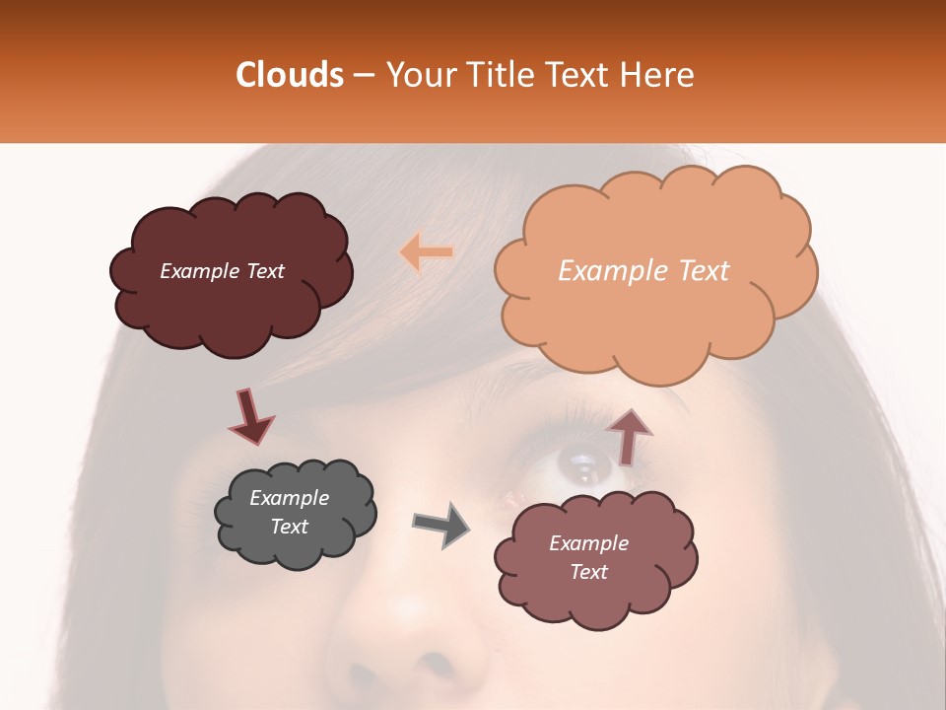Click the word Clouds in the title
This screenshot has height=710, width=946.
tap(289, 75)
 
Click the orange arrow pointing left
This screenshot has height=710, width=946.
tap(426, 252)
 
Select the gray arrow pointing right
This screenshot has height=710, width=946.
tap(440, 524)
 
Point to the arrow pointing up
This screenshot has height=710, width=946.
tap(628, 435)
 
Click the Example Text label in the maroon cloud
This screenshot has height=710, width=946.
tap(222, 271)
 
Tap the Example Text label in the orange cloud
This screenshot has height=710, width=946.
tap(643, 271)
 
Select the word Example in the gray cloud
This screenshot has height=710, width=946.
tap(289, 498)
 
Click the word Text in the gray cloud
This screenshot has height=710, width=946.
tap(290, 527)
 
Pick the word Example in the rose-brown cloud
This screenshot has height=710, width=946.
tap(588, 543)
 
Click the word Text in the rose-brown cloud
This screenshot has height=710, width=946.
tap(588, 572)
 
